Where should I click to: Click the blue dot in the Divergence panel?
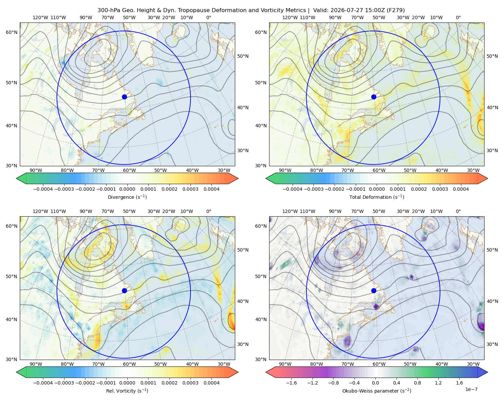pyautogui.click(x=124, y=97)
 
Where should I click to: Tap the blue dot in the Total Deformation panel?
pyautogui.click(x=374, y=97)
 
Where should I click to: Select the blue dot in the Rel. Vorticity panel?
pyautogui.click(x=124, y=290)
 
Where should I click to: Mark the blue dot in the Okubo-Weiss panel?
pyautogui.click(x=374, y=290)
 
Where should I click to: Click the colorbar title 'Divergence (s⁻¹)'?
pyautogui.click(x=127, y=197)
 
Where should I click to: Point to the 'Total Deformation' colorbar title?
pyautogui.click(x=377, y=197)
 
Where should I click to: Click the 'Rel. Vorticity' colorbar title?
pyautogui.click(x=127, y=391)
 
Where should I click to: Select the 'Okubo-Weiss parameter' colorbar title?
pyautogui.click(x=377, y=391)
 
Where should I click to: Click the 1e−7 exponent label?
pyautogui.click(x=471, y=389)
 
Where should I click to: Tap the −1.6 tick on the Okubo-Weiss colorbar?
pyautogui.click(x=291, y=383)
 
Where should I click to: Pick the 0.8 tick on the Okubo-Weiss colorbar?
pyautogui.click(x=417, y=383)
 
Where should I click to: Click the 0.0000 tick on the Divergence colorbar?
pyautogui.click(x=127, y=189)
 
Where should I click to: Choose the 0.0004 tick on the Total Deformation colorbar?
pyautogui.click(x=461, y=189)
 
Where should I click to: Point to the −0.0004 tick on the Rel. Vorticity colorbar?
pyautogui.click(x=43, y=383)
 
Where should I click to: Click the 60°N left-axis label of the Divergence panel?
pyautogui.click(x=11, y=32)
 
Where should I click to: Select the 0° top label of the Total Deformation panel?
pyautogui.click(x=458, y=17)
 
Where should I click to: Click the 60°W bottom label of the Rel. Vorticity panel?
pyautogui.click(x=129, y=364)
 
